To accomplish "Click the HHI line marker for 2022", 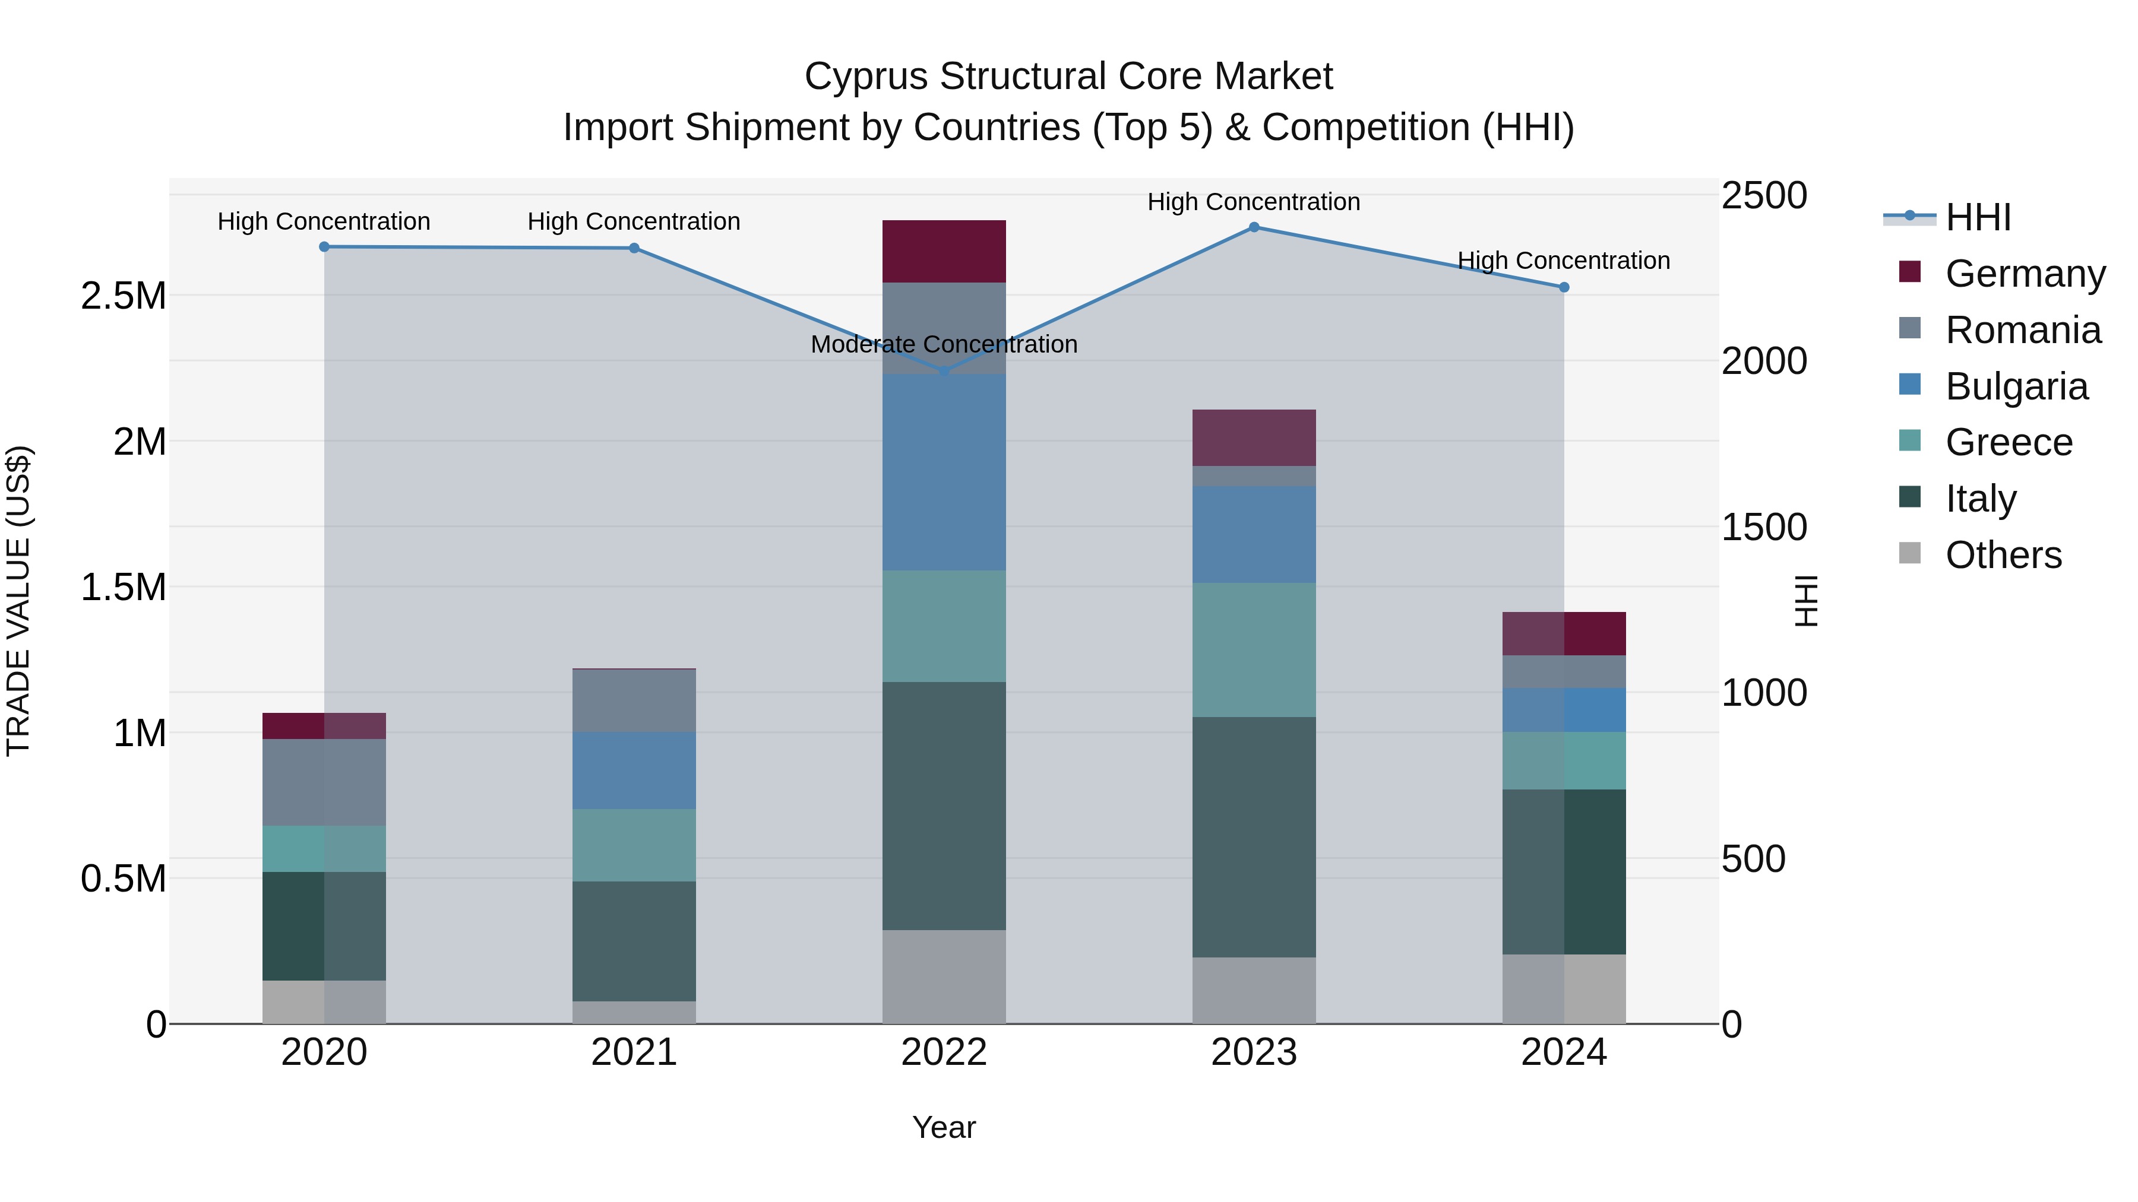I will pyautogui.click(x=944, y=371).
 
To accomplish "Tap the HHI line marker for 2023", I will pyautogui.click(x=1254, y=227).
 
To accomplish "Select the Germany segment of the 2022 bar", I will pyautogui.click(x=944, y=251).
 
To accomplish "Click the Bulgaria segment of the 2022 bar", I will pyautogui.click(x=944, y=472).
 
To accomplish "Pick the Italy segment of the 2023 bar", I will pyautogui.click(x=1254, y=837).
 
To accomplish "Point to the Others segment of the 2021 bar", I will pyautogui.click(x=634, y=1012).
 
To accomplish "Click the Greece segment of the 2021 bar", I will pyautogui.click(x=634, y=845).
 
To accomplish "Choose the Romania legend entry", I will pyautogui.click(x=2023, y=330).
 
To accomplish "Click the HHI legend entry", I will pyautogui.click(x=1977, y=217).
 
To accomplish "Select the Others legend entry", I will pyautogui.click(x=2003, y=555).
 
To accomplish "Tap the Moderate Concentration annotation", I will pyautogui.click(x=944, y=344).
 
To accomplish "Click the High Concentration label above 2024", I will pyautogui.click(x=1564, y=261).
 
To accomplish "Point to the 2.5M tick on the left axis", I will pyautogui.click(x=123, y=296).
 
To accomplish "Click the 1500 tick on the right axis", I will pyautogui.click(x=1764, y=527).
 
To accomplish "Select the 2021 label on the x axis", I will pyautogui.click(x=634, y=1052).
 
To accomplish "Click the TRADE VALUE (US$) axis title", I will pyautogui.click(x=18, y=601).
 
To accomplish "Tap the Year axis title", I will pyautogui.click(x=944, y=1127).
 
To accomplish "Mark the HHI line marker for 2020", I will pyautogui.click(x=324, y=246).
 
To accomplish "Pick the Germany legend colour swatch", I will pyautogui.click(x=1910, y=272).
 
